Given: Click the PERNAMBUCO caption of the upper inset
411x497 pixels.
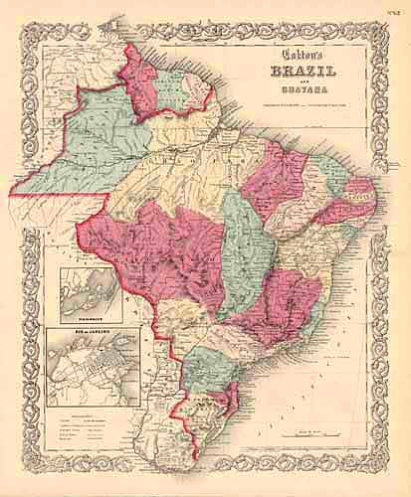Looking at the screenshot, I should (x=91, y=318).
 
